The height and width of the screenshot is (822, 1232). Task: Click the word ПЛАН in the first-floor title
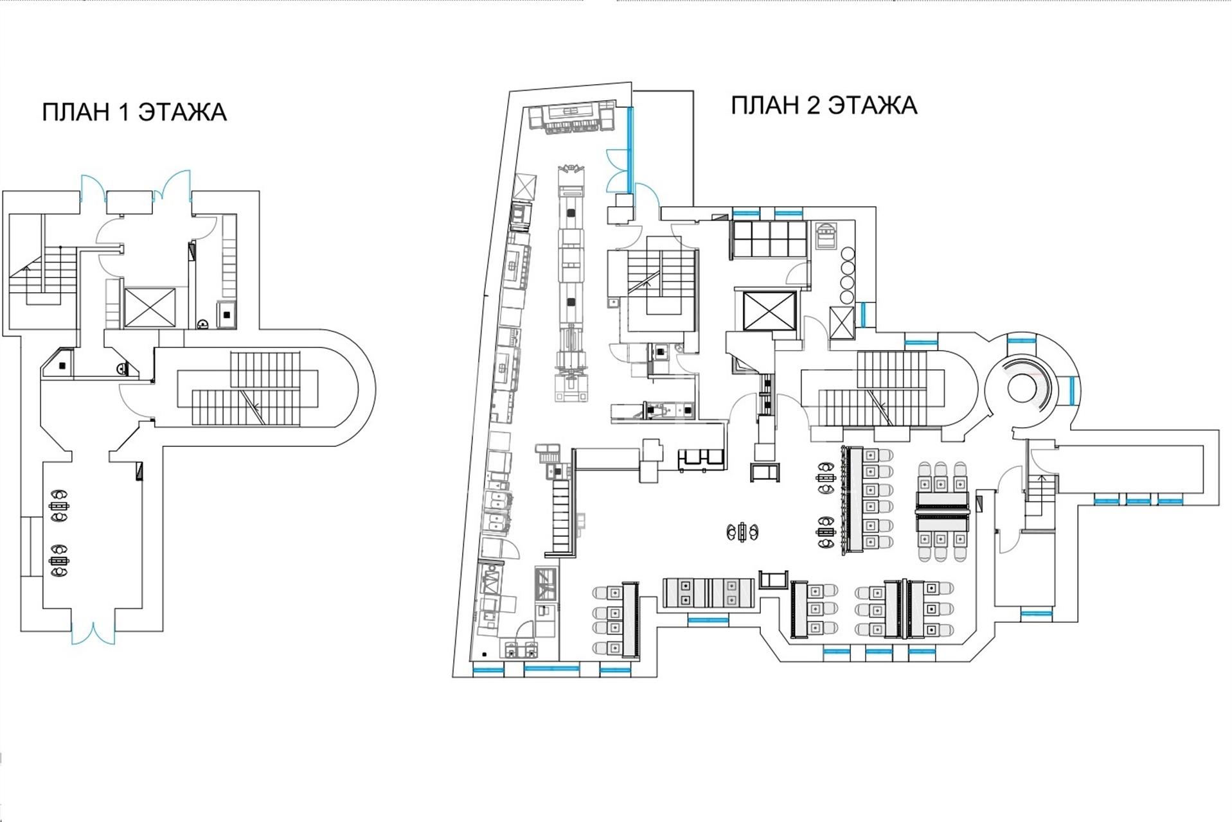76,112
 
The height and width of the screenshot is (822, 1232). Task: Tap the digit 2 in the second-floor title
812,105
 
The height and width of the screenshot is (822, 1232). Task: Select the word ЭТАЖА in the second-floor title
871,105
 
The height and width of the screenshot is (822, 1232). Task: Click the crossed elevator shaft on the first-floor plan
149,307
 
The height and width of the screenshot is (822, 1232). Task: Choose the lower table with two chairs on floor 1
60,560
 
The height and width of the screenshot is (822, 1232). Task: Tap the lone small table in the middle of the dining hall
743,532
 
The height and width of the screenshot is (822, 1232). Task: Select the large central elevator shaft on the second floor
769,311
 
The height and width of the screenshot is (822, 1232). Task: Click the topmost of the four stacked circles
848,252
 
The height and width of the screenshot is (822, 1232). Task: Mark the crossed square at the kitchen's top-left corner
526,187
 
